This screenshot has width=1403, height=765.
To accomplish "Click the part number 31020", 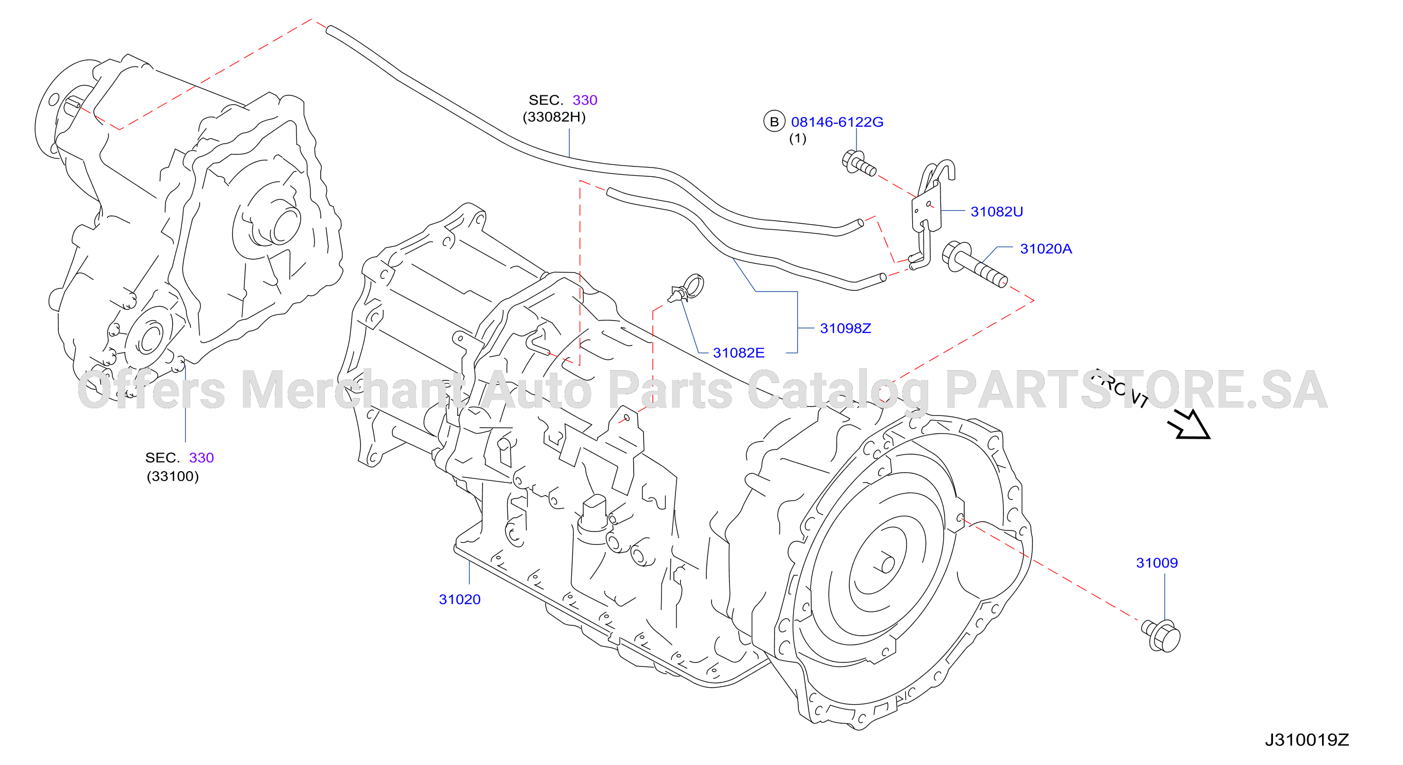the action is (460, 600).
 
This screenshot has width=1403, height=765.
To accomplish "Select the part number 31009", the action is (1157, 562).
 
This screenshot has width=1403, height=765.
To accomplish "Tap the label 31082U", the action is (997, 211).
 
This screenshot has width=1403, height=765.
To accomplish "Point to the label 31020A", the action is (1046, 249).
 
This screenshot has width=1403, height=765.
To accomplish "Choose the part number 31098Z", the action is (845, 328).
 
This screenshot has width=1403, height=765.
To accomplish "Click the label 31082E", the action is (738, 353).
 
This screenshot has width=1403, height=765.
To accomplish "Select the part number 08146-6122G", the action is (837, 122).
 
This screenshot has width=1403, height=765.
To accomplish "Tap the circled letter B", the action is (774, 122).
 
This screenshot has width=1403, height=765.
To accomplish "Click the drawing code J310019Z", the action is (1307, 740).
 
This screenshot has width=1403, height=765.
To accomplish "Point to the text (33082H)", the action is (554, 117).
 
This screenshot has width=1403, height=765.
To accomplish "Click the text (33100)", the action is (173, 476).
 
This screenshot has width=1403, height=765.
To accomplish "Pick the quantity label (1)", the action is (798, 138).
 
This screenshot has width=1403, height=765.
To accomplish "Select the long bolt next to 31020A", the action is (973, 264).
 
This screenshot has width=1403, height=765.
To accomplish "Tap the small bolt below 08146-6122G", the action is (859, 163).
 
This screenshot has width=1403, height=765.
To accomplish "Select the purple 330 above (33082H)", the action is (584, 100).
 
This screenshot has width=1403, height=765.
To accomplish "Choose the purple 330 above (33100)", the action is (201, 458).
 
